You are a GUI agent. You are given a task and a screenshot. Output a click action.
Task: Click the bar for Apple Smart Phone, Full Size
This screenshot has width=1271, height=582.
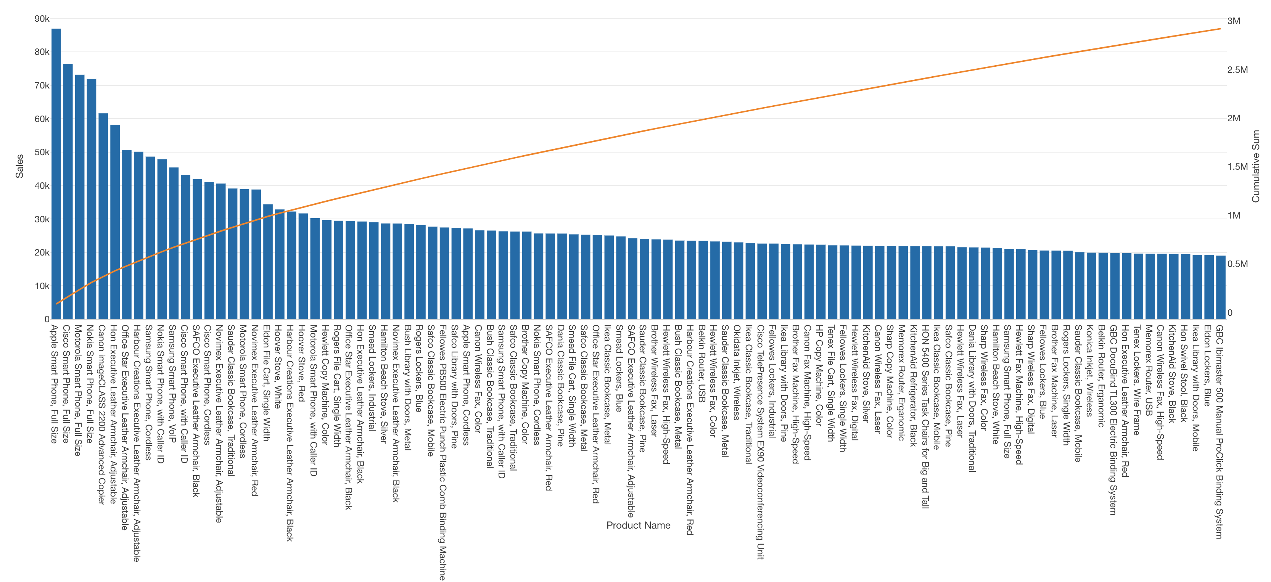(56, 174)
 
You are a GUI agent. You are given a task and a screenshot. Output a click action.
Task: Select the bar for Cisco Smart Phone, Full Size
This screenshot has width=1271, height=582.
(68, 191)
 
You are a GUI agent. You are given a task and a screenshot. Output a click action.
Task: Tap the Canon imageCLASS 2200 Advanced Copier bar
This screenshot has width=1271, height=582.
(103, 216)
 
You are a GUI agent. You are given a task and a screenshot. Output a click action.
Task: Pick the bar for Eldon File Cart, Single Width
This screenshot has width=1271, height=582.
(268, 261)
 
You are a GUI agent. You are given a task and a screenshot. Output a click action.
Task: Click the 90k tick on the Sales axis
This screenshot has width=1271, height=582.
(42, 19)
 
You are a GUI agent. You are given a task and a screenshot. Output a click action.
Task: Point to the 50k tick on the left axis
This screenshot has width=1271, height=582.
(42, 153)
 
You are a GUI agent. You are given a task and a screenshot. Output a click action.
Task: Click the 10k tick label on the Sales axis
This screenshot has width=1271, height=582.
(42, 286)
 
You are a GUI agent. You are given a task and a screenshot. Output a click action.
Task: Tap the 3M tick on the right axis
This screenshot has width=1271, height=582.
(1234, 21)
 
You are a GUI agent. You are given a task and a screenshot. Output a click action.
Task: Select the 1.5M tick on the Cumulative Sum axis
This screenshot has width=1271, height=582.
(1237, 167)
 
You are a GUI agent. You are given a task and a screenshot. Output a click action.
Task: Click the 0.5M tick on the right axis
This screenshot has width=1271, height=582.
(1237, 264)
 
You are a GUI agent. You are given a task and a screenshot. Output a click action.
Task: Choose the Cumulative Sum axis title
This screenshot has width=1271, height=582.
(1256, 166)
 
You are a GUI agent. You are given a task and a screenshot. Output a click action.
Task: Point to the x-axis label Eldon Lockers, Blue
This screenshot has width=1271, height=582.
(1207, 365)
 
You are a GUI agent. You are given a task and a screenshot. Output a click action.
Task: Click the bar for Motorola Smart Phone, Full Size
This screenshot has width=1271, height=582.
(79, 197)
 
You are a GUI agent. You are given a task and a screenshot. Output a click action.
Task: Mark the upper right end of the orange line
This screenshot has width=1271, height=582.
(1221, 29)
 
